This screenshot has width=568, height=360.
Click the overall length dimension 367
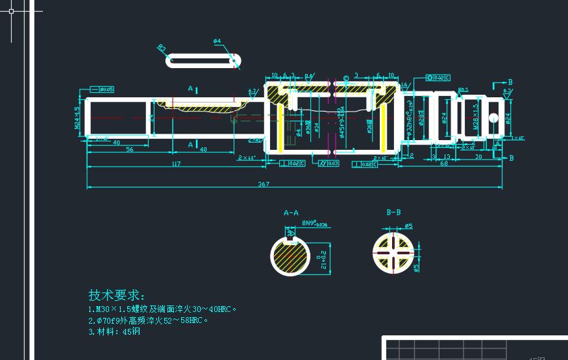[x=263, y=184]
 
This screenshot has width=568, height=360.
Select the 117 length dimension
[x=175, y=164]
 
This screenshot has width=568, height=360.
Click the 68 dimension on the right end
[x=444, y=164]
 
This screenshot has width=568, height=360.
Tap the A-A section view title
[x=291, y=212]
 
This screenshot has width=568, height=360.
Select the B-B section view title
[x=393, y=212]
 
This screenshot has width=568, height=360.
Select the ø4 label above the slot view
[x=217, y=42]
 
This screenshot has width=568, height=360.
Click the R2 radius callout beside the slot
[x=162, y=48]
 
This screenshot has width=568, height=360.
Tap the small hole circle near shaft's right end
[x=493, y=117]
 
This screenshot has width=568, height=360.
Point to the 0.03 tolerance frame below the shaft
[x=330, y=163]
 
